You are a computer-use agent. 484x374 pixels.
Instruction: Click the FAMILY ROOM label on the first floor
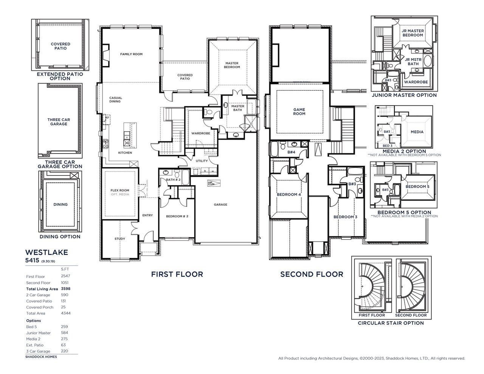pos(131,54)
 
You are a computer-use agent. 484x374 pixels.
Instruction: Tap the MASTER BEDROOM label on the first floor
pos(232,65)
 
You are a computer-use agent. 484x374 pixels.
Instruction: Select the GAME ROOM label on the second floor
pos(299,112)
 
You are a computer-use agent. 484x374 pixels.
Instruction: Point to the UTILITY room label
pos(202,161)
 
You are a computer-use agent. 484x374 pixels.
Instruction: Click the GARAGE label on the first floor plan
pos(220,205)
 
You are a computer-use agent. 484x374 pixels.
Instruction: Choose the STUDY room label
pos(119,239)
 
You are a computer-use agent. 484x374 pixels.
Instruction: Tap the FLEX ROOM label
pos(119,190)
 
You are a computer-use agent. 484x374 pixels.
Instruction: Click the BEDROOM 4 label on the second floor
pos(289,194)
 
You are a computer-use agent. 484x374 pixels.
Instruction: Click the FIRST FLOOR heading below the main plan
pos(177,274)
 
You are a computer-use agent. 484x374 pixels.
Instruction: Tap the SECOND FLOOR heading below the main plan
pos(312,274)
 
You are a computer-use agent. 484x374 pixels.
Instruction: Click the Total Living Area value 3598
pos(65,289)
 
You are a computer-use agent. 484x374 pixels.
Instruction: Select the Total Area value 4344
pos(65,313)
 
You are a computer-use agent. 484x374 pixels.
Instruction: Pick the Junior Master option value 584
pos(64,333)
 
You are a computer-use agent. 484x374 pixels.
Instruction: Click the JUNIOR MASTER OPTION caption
pos(404,95)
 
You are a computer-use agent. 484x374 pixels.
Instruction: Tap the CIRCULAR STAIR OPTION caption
pos(391,323)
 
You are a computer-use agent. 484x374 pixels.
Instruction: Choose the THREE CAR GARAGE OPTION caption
pos(60,164)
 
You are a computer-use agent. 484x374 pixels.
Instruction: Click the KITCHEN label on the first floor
pos(125,153)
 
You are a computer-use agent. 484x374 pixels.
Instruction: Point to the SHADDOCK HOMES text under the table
pos(41,357)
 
